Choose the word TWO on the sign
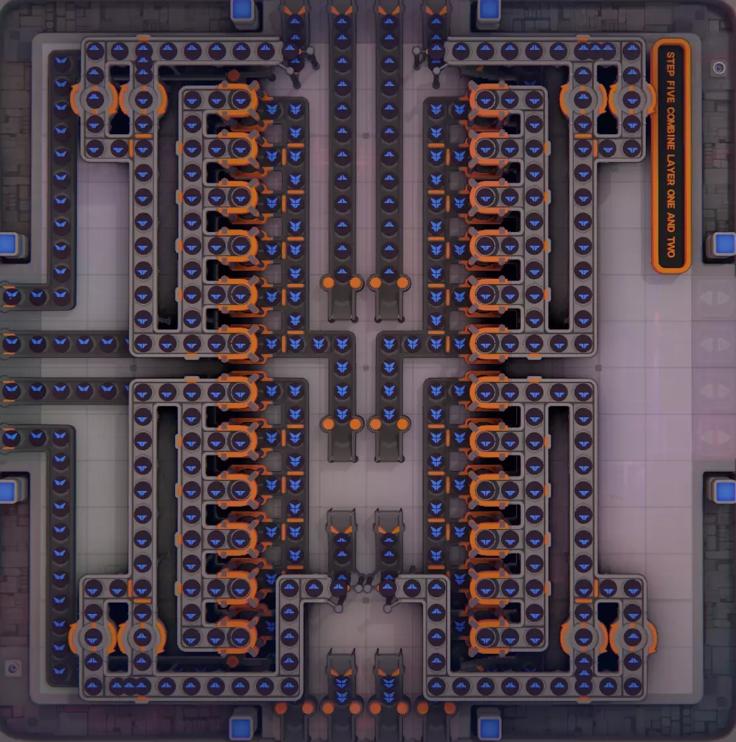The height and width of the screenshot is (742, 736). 671,246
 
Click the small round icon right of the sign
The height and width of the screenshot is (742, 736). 719,68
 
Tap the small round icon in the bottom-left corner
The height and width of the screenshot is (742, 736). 12,668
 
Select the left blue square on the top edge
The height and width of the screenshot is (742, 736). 241,9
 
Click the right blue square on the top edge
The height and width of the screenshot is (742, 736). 489,9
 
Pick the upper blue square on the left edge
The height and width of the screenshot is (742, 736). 8,244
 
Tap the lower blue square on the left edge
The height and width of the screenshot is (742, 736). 8,491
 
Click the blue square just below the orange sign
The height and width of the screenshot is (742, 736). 725,244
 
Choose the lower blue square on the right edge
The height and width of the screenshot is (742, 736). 725,492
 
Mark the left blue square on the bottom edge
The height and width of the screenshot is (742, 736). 241,728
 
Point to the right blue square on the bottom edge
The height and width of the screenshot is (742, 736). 489,728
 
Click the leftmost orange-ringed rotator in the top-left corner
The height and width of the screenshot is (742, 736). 94,99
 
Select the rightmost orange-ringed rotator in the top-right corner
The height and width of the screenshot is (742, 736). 632,99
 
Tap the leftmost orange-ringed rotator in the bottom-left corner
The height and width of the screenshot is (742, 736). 93,638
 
